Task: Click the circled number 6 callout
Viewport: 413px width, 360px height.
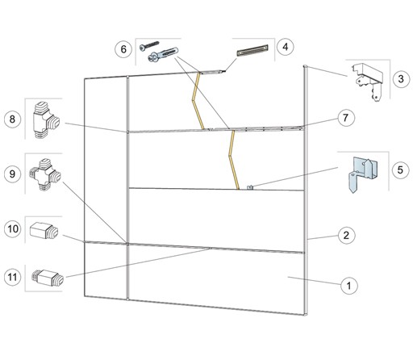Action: tap(123, 49)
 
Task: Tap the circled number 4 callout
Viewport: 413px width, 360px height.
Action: tap(286, 47)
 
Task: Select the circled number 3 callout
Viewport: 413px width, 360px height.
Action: tap(401, 79)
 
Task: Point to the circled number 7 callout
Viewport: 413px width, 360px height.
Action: tap(346, 118)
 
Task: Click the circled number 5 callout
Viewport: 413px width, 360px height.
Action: tap(400, 170)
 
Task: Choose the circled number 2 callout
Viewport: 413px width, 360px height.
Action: tap(346, 236)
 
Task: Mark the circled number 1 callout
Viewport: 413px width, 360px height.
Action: tap(349, 285)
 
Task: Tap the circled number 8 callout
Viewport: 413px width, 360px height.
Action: tap(12, 119)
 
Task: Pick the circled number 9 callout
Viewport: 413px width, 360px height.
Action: tap(12, 174)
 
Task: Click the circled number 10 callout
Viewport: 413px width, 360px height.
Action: tap(13, 229)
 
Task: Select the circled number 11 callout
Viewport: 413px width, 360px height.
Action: tap(13, 277)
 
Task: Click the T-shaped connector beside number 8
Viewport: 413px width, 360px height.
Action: tap(45, 120)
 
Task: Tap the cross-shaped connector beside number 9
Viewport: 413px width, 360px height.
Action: tap(45, 174)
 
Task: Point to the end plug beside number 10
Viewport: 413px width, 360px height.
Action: tap(44, 231)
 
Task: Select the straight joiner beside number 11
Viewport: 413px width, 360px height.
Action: tap(48, 278)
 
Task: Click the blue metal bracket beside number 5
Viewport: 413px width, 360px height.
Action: tap(363, 174)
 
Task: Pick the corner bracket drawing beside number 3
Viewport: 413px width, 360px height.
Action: tap(368, 82)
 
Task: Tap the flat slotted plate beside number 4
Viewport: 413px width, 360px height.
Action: tap(252, 50)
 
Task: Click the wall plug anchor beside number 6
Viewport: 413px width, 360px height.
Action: tap(163, 54)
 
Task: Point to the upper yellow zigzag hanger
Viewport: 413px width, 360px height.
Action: tap(198, 101)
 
